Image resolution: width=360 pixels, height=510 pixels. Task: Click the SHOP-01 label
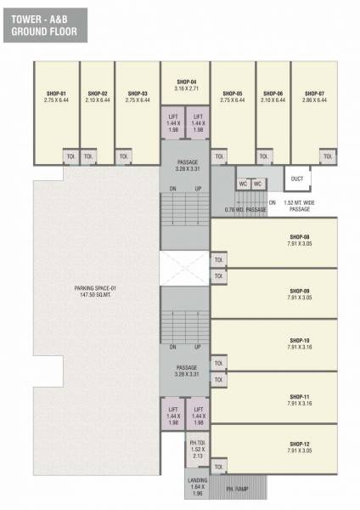click(x=57, y=93)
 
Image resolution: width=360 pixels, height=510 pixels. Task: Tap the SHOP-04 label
click(x=186, y=81)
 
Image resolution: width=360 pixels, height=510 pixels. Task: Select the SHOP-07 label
click(x=314, y=93)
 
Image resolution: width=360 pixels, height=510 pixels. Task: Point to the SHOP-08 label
click(x=298, y=237)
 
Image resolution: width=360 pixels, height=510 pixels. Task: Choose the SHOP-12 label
click(x=298, y=444)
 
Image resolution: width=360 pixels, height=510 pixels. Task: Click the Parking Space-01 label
click(x=98, y=289)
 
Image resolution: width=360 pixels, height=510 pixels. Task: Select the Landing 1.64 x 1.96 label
click(x=198, y=486)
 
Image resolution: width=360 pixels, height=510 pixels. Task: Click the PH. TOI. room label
click(x=198, y=445)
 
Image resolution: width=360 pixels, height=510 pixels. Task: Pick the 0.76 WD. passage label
click(x=246, y=208)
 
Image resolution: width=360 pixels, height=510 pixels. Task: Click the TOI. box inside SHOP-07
click(x=326, y=156)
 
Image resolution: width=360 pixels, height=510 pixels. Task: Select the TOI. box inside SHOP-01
click(x=70, y=156)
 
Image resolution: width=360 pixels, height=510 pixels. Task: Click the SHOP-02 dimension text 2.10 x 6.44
click(x=98, y=99)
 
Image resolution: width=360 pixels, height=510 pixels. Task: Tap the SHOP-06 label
click(x=273, y=93)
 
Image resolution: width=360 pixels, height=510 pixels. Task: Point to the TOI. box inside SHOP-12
click(x=220, y=466)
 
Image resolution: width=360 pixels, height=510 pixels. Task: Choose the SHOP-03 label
click(x=138, y=93)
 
